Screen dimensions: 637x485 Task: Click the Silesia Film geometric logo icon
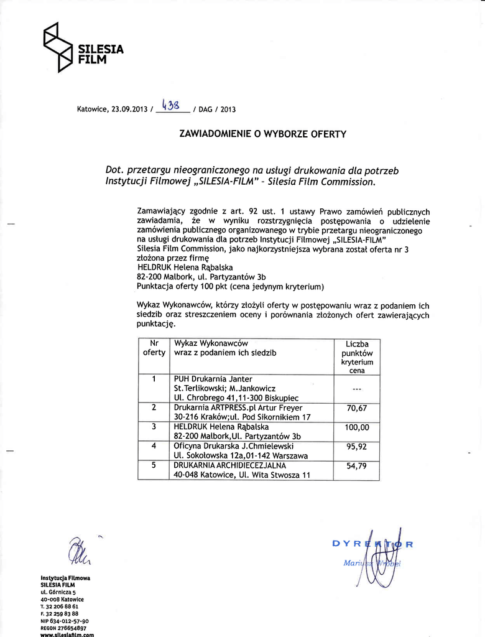(x=57, y=47)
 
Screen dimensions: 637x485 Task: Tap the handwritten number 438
(x=172, y=104)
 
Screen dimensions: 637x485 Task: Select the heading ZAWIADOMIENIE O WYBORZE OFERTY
(x=262, y=134)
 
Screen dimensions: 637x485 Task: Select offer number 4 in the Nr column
(x=153, y=446)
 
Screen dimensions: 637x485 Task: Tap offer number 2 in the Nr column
(x=153, y=408)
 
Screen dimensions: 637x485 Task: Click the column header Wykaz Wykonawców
(x=211, y=343)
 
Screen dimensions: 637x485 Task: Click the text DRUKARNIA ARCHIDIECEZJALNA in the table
(x=230, y=465)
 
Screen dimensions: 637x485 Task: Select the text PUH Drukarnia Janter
(x=213, y=378)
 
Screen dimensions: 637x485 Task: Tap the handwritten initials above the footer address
(x=80, y=551)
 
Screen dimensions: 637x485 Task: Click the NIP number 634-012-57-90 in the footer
(x=64, y=621)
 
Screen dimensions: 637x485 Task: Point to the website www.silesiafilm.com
(x=67, y=635)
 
